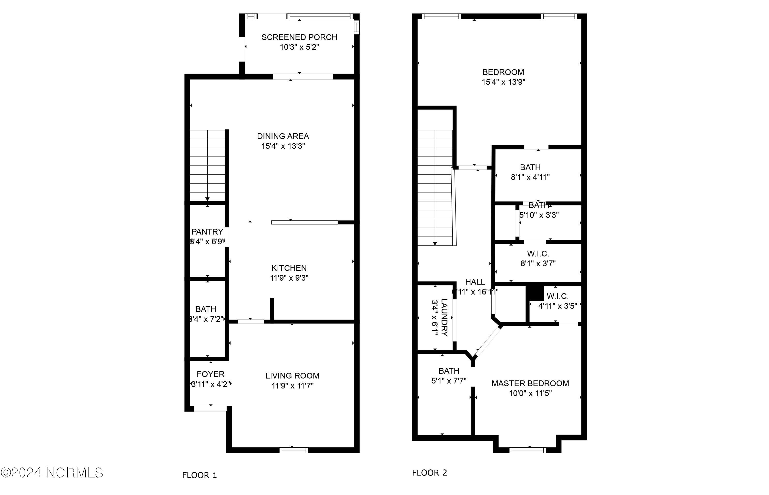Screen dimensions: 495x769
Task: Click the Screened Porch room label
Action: pyautogui.click(x=299, y=37)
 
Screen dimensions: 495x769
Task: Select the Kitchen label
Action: pyautogui.click(x=289, y=268)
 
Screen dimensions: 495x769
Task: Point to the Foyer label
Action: pyautogui.click(x=210, y=374)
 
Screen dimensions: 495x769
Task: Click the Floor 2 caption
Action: pyautogui.click(x=429, y=473)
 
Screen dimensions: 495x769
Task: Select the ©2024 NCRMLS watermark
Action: pyautogui.click(x=52, y=473)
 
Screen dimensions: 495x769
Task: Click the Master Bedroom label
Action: pyautogui.click(x=530, y=383)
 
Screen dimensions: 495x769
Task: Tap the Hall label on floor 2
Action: pyautogui.click(x=475, y=282)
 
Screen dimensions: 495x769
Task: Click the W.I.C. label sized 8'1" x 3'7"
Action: pyautogui.click(x=538, y=254)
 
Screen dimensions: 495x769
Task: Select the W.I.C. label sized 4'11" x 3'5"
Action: pyautogui.click(x=558, y=296)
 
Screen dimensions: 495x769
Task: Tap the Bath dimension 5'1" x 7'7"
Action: pyautogui.click(x=449, y=381)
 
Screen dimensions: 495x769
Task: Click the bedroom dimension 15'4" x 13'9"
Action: pyautogui.click(x=503, y=82)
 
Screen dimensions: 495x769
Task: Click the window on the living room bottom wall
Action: pyautogui.click(x=294, y=450)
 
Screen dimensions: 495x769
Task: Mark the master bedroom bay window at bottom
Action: pyautogui.click(x=527, y=450)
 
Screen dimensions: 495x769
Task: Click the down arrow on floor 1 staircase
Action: pyautogui.click(x=208, y=199)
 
